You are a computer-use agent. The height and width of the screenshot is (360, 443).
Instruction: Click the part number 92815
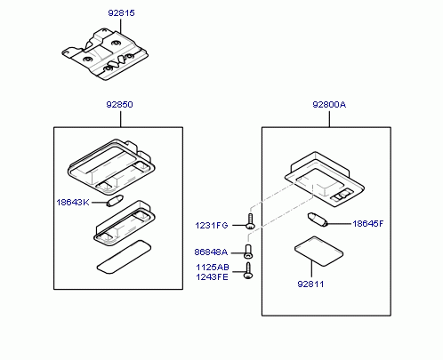click(121, 13)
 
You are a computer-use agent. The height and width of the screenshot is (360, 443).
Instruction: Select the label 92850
click(119, 105)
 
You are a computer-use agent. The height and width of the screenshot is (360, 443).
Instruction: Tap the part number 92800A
click(329, 105)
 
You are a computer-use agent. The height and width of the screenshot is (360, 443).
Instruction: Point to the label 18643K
click(73, 203)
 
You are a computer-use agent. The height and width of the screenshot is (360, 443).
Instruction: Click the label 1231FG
click(212, 226)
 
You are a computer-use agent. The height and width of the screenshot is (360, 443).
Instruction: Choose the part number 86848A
click(211, 252)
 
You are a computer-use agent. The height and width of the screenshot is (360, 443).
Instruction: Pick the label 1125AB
click(213, 268)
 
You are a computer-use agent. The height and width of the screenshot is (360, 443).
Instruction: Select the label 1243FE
click(212, 277)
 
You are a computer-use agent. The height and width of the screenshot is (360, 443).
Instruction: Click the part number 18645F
click(368, 224)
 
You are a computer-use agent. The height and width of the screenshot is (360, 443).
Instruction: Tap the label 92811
click(310, 284)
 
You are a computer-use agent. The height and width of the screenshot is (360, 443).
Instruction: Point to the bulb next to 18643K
click(115, 201)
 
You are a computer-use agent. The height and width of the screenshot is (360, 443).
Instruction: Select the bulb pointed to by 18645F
click(317, 220)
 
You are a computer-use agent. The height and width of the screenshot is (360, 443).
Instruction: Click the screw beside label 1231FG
click(251, 221)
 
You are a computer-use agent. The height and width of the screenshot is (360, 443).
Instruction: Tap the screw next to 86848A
click(248, 252)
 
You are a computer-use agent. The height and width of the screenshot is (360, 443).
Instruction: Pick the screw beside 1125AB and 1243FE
click(248, 270)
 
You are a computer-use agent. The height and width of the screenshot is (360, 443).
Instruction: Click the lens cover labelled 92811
click(318, 252)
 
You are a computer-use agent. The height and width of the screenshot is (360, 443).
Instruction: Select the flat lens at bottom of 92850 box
click(124, 257)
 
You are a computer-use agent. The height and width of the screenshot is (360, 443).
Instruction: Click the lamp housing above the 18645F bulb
click(325, 180)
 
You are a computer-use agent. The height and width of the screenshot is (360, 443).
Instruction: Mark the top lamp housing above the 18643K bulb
click(111, 167)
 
